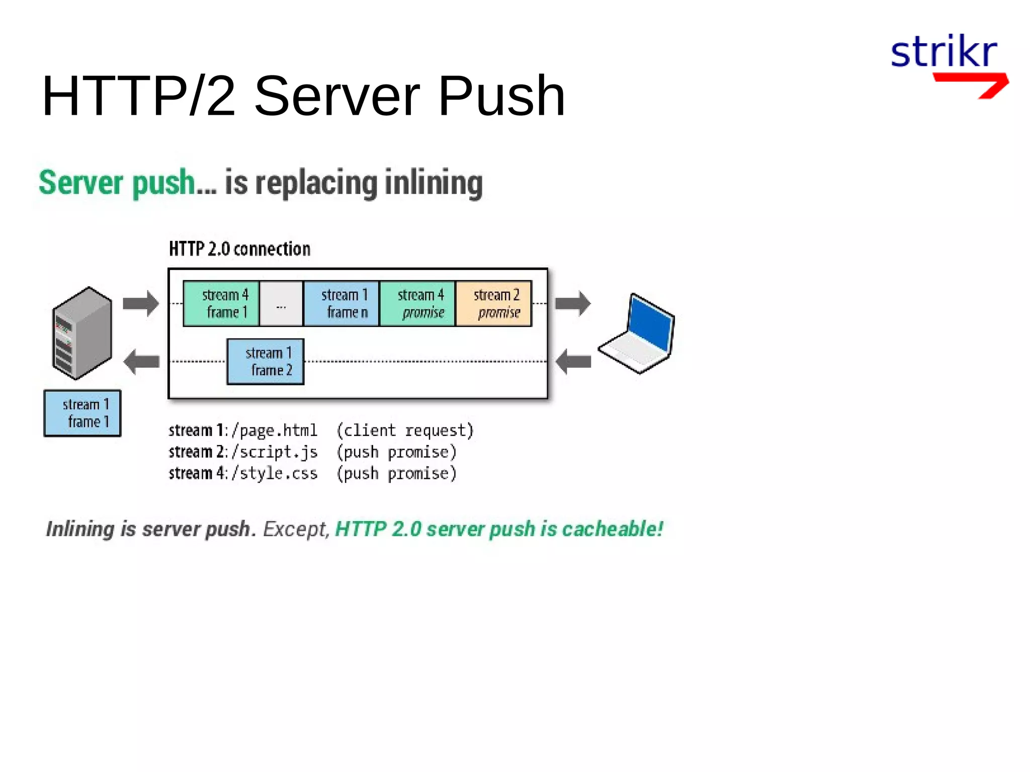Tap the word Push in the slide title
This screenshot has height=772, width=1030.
tap(501, 96)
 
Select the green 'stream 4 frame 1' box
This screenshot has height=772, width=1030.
tap(221, 304)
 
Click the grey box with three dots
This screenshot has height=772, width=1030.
tap(281, 304)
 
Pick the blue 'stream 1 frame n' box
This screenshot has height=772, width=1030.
tap(341, 304)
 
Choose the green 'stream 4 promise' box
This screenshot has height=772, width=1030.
tap(417, 304)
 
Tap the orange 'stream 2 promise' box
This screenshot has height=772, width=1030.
tap(493, 304)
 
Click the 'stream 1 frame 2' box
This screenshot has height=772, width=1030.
tap(266, 362)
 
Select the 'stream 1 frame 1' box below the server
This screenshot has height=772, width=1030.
tap(82, 413)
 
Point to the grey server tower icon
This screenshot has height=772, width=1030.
tap(82, 332)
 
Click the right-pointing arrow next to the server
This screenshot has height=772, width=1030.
tap(141, 303)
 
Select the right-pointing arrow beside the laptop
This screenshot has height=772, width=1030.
tap(573, 303)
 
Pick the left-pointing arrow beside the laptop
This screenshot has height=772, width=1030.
tap(573, 362)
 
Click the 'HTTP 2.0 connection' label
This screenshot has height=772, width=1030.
tap(239, 249)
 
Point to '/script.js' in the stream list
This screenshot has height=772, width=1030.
tap(275, 452)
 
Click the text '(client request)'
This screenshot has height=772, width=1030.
tap(405, 431)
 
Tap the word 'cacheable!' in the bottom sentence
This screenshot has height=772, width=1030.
tap(612, 529)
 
